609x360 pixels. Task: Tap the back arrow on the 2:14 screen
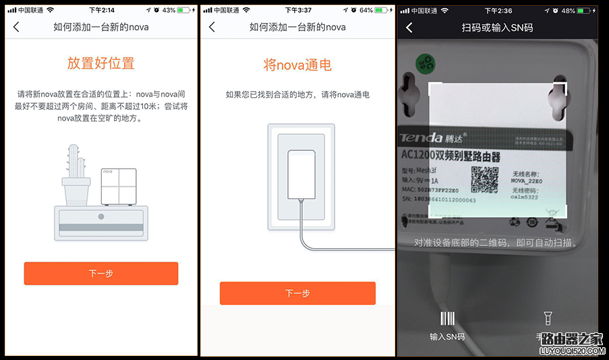[x=16, y=27]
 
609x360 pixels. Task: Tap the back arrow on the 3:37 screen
[x=212, y=27]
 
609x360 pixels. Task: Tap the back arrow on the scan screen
[x=409, y=28]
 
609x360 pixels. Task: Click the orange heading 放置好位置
[x=101, y=63]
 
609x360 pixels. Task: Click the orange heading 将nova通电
[x=297, y=65]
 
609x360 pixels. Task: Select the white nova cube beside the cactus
[x=119, y=187]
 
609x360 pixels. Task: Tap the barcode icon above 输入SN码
[x=447, y=319]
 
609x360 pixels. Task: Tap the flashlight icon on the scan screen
[x=548, y=318]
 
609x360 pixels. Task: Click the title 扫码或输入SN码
[x=497, y=28]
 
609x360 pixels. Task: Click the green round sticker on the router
[x=424, y=63]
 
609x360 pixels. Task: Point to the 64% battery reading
[x=366, y=10]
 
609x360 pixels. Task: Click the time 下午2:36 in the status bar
[x=498, y=10]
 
